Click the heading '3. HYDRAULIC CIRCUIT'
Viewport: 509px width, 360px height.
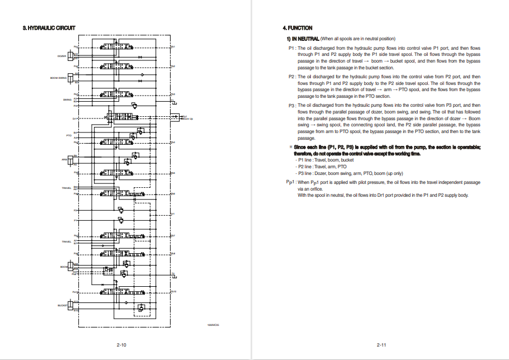point(49,28)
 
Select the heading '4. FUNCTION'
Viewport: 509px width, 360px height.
point(298,28)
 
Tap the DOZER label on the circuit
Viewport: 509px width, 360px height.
point(62,56)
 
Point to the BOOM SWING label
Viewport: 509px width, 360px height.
point(58,78)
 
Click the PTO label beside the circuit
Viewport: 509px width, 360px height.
point(69,135)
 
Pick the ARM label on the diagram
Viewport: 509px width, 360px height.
point(64,159)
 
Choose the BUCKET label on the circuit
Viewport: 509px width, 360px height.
point(62,305)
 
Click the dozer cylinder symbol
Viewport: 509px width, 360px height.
point(71,56)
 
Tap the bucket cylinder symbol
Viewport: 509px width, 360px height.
point(71,305)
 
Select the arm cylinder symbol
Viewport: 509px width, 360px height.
point(72,159)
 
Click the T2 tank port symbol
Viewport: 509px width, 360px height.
point(174,274)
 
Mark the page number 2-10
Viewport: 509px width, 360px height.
point(121,345)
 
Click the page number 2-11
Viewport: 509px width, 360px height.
point(381,345)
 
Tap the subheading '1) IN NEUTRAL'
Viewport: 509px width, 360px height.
point(303,39)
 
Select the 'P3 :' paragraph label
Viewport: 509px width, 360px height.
point(291,105)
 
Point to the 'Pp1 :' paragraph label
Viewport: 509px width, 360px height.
point(291,182)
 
